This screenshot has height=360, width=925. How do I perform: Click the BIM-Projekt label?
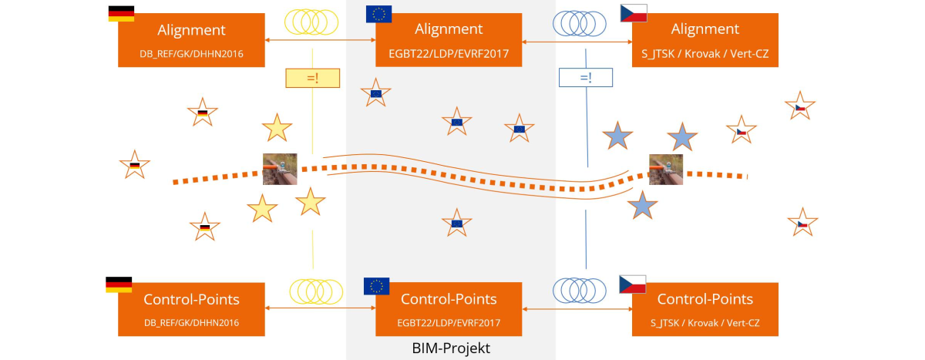[451, 348]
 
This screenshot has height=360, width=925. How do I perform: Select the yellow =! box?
[312, 78]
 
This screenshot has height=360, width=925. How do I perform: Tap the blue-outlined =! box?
[585, 78]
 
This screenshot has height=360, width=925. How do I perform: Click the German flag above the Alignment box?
[121, 13]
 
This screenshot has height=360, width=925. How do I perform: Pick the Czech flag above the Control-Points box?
[633, 284]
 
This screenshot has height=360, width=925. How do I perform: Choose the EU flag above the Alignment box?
[378, 13]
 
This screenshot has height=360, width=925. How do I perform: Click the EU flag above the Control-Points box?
[376, 286]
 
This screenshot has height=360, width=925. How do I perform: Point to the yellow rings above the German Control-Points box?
[315, 290]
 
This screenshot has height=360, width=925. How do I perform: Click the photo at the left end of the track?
[279, 169]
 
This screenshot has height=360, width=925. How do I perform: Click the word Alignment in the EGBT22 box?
[449, 30]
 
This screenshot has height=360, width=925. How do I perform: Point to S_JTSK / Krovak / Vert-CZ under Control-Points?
[705, 321]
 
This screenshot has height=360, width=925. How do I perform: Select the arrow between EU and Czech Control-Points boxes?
[577, 308]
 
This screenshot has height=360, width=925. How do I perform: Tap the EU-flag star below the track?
[456, 223]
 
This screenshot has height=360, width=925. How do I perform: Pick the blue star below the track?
[641, 206]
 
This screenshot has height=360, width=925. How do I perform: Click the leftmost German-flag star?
[134, 164]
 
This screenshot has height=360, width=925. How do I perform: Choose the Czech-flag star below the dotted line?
[802, 223]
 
